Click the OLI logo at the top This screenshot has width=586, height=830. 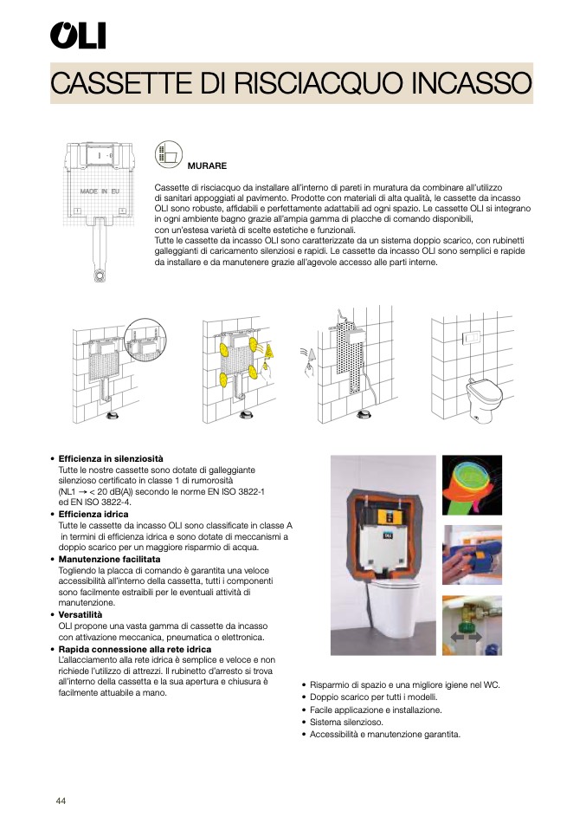(x=78, y=36)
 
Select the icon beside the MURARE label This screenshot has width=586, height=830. (x=168, y=155)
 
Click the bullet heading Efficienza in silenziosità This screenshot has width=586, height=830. (x=110, y=458)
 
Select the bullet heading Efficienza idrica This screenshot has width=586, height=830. (x=93, y=515)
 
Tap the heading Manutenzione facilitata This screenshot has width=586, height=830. (x=109, y=560)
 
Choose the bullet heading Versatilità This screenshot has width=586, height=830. (x=81, y=615)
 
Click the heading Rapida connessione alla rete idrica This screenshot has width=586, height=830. (x=134, y=649)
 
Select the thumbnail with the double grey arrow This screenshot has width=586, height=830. (x=472, y=626)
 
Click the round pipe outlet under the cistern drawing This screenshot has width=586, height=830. (x=101, y=276)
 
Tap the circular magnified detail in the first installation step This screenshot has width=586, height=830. (x=144, y=340)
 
